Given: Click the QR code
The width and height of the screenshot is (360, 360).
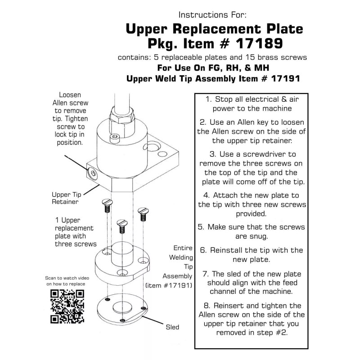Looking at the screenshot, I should coord(67,306).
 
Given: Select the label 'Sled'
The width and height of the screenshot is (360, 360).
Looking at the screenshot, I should coord(172,327).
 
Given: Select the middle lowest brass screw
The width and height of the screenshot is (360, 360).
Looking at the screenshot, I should coord(121,225).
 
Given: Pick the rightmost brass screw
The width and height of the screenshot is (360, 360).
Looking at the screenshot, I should coord(143,212).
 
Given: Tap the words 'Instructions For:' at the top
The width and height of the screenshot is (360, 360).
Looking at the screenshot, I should coord(212,14).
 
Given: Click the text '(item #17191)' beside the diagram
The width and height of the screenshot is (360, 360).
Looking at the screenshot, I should coord(169,285).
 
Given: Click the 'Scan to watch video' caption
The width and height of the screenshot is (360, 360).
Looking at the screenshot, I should coord(65,278).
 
